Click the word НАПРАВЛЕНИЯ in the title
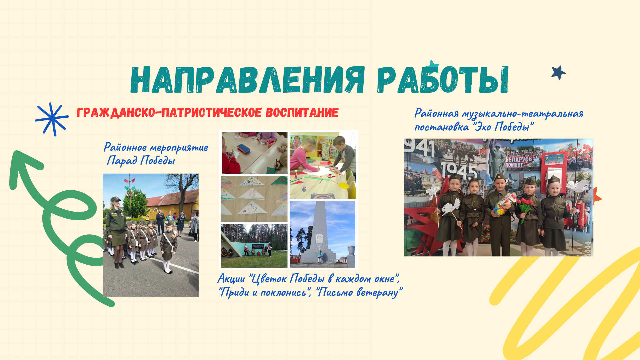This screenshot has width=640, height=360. click(x=248, y=80)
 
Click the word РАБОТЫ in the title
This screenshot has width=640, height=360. click(x=443, y=80)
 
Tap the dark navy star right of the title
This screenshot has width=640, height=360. click(x=558, y=72)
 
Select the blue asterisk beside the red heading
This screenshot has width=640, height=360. click(x=52, y=119)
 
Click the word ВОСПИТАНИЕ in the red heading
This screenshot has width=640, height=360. click(x=302, y=113)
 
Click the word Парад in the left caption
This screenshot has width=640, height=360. click(x=122, y=161)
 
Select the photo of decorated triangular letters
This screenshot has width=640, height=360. click(x=254, y=199)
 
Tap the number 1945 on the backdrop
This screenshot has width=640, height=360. click(x=459, y=170)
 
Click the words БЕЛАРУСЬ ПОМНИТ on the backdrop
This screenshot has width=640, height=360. click(x=518, y=162)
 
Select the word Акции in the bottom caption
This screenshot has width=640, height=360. click(x=231, y=278)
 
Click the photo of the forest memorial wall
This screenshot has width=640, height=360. click(x=254, y=246)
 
